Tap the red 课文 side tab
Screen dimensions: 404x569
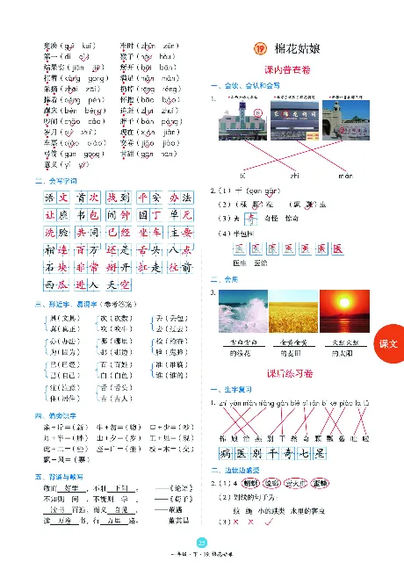pos(388,346)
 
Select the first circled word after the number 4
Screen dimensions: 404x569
pos(250,482)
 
